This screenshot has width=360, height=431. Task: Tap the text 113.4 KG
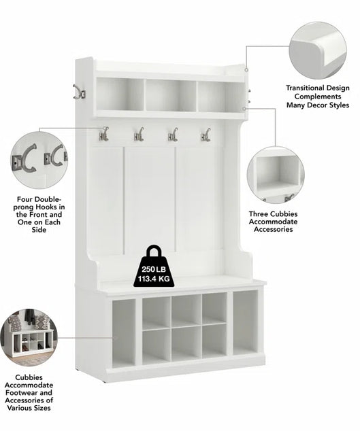click(x=154, y=279)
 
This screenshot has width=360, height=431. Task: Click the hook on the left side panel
click(x=79, y=92)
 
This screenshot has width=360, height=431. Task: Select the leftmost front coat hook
click(x=104, y=134)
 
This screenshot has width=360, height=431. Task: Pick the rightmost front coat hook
click(x=206, y=135)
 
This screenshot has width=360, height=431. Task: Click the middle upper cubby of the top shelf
click(x=171, y=95)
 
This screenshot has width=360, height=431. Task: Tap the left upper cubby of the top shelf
click(x=120, y=94)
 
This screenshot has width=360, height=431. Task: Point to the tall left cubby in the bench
click(x=124, y=333)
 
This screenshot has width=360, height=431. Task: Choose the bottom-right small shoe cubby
click(x=214, y=341)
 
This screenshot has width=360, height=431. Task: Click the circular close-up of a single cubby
click(x=276, y=175)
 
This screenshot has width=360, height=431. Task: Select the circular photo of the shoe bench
click(x=29, y=338)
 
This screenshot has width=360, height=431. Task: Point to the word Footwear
click(x=20, y=392)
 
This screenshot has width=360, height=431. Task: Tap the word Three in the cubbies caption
click(x=259, y=214)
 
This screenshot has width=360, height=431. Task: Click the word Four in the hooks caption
click(x=24, y=199)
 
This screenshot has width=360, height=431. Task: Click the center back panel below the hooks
click(x=150, y=199)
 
